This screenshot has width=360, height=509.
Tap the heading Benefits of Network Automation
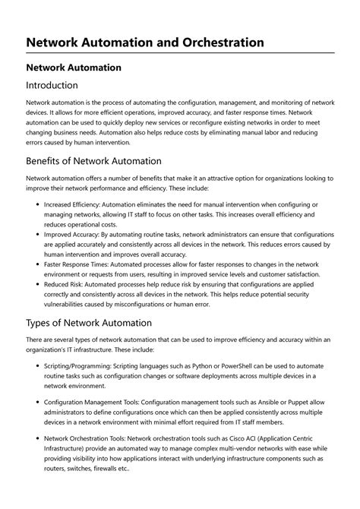coord(93,161)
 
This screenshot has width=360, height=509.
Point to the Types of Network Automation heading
coord(89,323)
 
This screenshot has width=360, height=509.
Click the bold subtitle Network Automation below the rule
coord(74,67)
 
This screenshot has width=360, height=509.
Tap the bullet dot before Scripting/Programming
coord(38,366)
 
